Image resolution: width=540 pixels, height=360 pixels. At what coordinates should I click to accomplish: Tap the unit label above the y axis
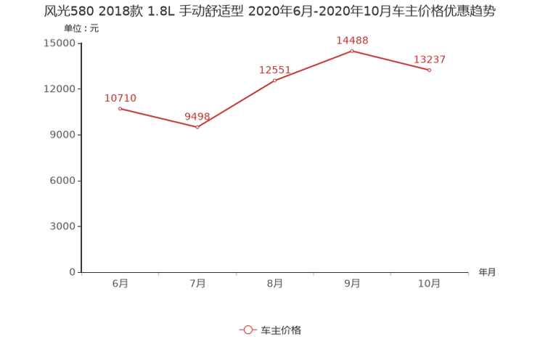[81, 29]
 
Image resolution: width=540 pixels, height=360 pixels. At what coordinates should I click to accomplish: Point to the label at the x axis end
[487, 273]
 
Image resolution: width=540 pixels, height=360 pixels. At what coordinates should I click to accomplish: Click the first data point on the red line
[120, 109]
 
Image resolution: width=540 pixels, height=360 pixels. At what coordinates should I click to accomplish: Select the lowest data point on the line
[197, 128]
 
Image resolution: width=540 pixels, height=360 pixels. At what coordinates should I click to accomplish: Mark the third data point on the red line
[275, 79]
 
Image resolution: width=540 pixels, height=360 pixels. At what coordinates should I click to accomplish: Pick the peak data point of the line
[352, 51]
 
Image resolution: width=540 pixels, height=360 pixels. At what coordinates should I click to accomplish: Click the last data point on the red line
[430, 70]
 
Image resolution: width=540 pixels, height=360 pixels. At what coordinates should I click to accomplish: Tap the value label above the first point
[120, 98]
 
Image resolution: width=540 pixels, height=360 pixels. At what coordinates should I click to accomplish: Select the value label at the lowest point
[197, 116]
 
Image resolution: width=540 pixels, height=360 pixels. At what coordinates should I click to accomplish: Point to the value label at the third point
[274, 70]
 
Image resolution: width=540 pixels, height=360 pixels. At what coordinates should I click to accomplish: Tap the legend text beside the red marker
[281, 330]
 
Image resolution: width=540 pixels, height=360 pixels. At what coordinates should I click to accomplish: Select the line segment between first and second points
[158, 118]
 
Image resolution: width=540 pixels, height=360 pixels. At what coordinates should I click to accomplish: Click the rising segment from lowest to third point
[236, 104]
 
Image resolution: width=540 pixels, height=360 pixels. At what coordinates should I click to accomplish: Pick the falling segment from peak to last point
[390, 60]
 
